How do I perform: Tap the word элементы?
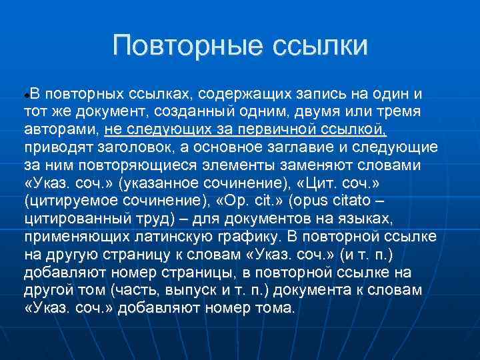pyautogui.click(x=241, y=165)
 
